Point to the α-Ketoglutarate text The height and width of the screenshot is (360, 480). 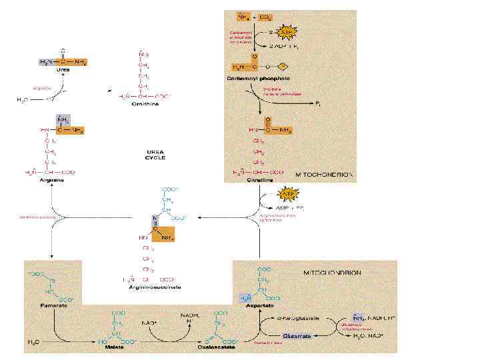click(x=299, y=318)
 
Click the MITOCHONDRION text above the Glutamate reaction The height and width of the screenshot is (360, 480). click(x=332, y=273)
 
